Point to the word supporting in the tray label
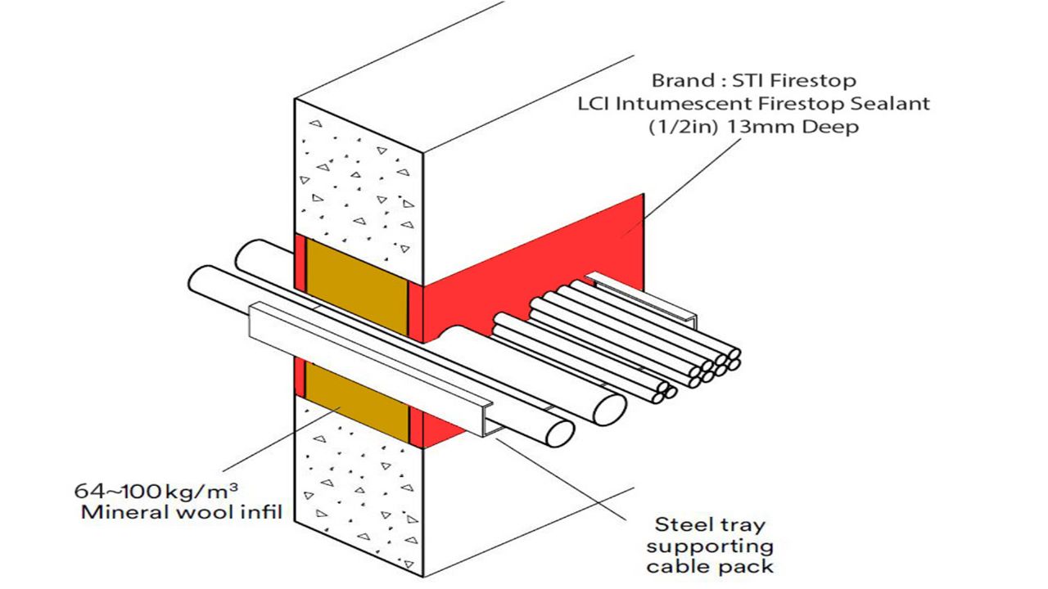709,545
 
